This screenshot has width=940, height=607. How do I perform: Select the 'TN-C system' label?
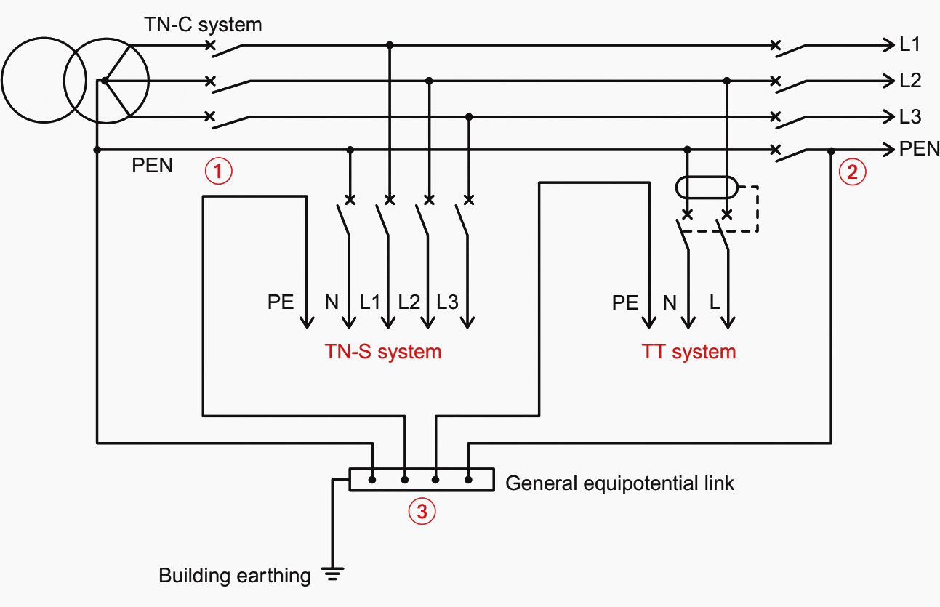[203, 25]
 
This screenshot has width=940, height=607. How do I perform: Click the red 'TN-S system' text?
[383, 352]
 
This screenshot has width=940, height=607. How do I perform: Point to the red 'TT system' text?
[688, 352]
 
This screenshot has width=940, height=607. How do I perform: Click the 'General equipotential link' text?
[619, 483]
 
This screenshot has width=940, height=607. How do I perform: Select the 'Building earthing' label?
[235, 576]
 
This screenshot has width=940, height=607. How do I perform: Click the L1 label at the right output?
[910, 45]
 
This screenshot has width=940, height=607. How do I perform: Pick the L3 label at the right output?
[910, 116]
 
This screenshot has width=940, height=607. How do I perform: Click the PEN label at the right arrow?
[919, 150]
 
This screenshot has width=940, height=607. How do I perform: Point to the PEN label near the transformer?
[153, 166]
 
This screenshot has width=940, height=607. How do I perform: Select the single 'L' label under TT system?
[715, 302]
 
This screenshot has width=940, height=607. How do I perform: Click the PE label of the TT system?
[624, 302]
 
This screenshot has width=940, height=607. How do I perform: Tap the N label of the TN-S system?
[332, 302]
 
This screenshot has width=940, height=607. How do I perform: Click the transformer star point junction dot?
[105, 80]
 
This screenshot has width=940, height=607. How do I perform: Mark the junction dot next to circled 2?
[831, 150]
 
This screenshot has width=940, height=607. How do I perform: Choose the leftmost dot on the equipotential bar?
[372, 480]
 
